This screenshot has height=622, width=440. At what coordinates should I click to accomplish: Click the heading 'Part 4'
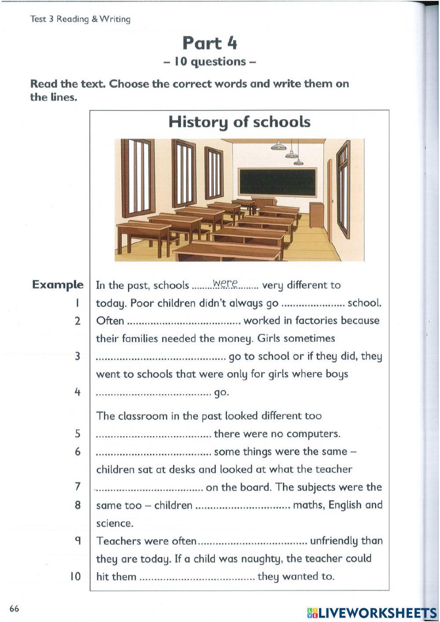pyautogui.click(x=210, y=43)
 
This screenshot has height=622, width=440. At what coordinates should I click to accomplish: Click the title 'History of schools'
pyautogui.click(x=239, y=122)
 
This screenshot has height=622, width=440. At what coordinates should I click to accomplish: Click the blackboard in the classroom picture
pyautogui.click(x=278, y=182)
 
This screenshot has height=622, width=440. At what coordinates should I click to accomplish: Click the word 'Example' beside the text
pyautogui.click(x=58, y=285)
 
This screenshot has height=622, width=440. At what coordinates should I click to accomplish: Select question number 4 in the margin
pyautogui.click(x=77, y=392)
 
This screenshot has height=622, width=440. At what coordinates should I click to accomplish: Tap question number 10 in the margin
pyautogui.click(x=76, y=576)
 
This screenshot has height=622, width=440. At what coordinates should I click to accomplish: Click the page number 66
pyautogui.click(x=14, y=609)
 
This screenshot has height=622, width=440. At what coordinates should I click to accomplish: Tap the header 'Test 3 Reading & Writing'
pyautogui.click(x=81, y=19)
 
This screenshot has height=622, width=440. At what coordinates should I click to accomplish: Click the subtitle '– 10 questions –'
pyautogui.click(x=209, y=62)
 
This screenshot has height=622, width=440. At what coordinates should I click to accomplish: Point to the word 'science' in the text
pyautogui.click(x=114, y=523)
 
